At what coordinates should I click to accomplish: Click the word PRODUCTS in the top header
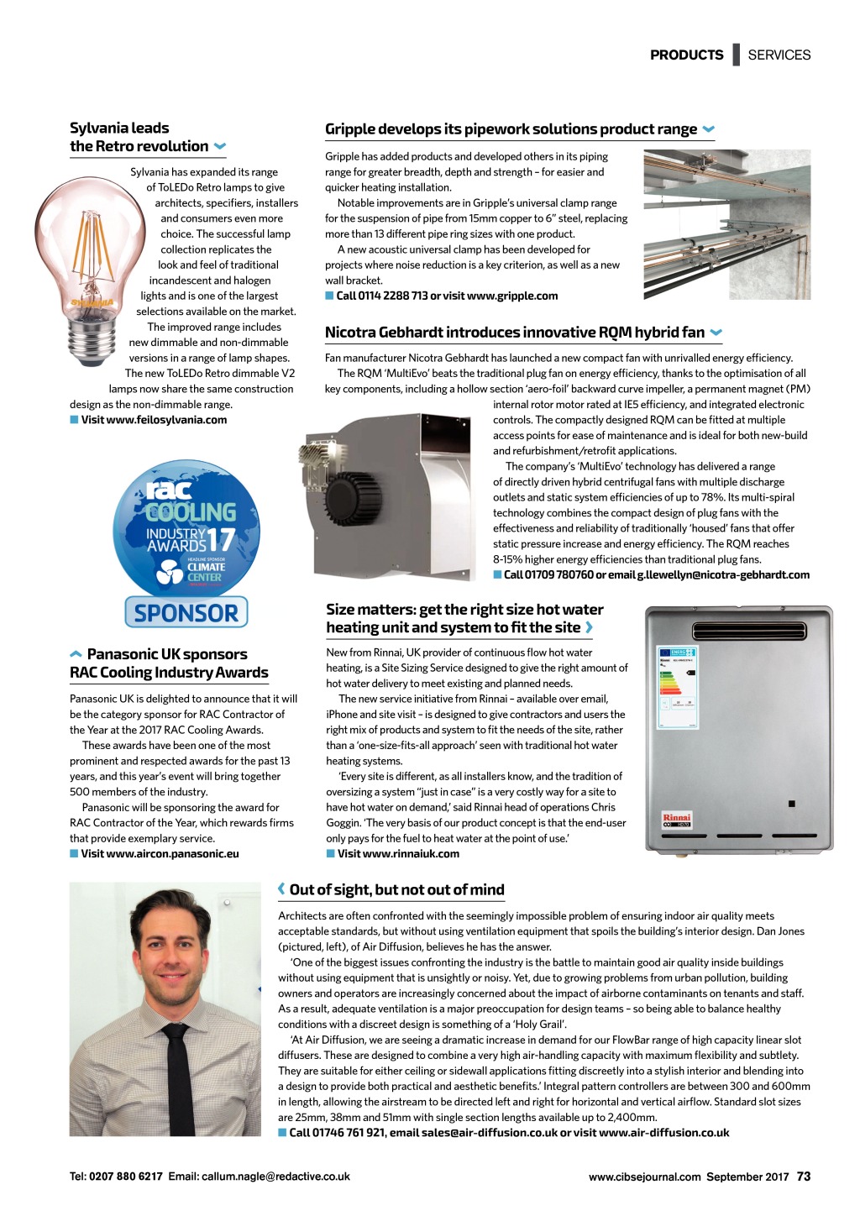click(x=686, y=55)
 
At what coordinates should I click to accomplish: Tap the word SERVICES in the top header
click(x=779, y=55)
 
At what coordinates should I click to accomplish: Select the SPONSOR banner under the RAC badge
click(x=186, y=612)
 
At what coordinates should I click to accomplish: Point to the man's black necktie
click(x=180, y=1079)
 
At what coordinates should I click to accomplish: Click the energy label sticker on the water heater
click(x=677, y=687)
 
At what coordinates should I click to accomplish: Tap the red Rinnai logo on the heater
click(x=676, y=817)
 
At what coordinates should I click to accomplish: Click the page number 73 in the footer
click(x=804, y=1177)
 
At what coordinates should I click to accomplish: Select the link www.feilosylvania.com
click(x=154, y=420)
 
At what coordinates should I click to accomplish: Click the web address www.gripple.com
click(x=512, y=296)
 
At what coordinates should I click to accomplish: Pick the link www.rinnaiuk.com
click(x=398, y=854)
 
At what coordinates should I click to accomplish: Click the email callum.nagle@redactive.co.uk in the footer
click(x=275, y=1177)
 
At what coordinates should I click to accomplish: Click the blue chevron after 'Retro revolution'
click(x=220, y=146)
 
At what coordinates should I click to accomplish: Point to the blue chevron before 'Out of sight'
click(x=281, y=889)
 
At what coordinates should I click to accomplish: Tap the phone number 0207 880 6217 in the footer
click(x=125, y=1177)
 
